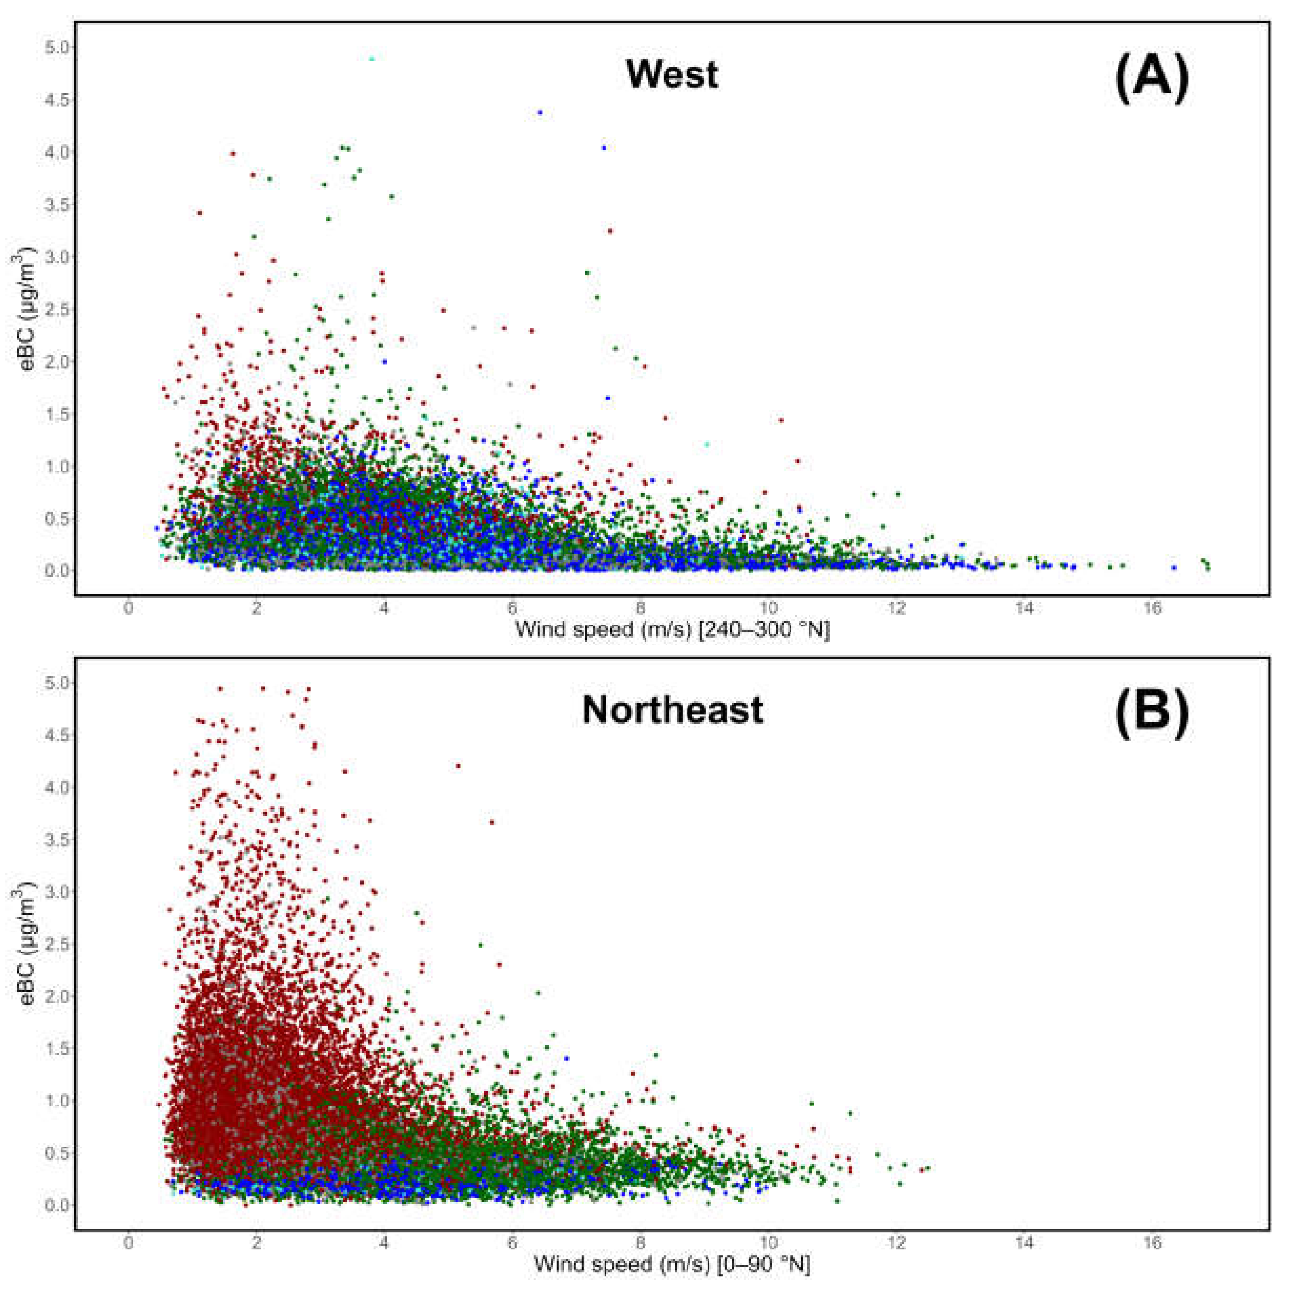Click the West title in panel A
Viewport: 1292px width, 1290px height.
[672, 74]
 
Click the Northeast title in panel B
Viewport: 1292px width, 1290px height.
[672, 710]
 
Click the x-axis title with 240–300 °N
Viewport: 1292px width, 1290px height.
[672, 629]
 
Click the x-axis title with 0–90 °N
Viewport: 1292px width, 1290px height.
[672, 1265]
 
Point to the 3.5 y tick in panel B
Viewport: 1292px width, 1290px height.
[58, 840]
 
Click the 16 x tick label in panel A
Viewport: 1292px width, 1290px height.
[1152, 609]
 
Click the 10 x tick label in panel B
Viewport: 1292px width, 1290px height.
[769, 1244]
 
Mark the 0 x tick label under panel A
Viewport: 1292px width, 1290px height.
[128, 609]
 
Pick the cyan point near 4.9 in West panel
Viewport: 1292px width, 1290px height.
[372, 59]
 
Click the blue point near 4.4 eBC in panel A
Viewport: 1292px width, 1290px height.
[540, 113]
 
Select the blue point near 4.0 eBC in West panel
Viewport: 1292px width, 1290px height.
[604, 148]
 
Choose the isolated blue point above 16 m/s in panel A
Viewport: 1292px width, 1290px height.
[1174, 567]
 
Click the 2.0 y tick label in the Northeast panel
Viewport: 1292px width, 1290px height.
[58, 996]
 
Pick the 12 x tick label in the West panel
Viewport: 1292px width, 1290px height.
[896, 609]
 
